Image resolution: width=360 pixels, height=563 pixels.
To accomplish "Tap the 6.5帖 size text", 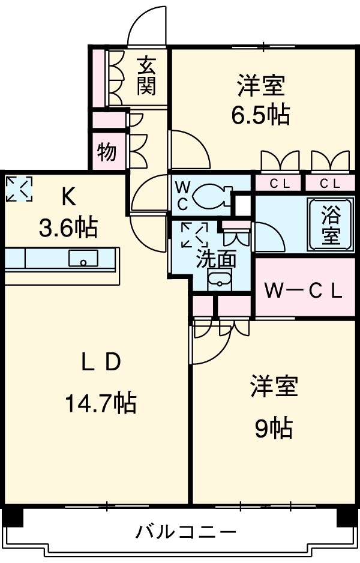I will click(x=260, y=114).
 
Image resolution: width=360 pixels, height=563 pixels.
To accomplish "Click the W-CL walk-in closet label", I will click(x=304, y=292).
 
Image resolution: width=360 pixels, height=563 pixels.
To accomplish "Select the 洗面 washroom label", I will click(x=217, y=259).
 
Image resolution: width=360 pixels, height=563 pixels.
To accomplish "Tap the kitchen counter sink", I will click(x=83, y=259).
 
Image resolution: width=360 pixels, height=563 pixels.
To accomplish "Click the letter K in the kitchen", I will click(x=67, y=196).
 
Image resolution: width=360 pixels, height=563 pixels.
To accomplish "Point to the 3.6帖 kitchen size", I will click(x=67, y=227).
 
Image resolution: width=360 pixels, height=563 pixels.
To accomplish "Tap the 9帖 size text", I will click(x=273, y=427).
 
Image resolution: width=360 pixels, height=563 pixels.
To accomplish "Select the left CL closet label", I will click(x=279, y=184).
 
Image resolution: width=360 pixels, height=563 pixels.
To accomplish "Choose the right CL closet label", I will click(x=328, y=184).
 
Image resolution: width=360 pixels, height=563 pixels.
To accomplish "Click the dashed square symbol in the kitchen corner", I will click(x=19, y=188).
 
